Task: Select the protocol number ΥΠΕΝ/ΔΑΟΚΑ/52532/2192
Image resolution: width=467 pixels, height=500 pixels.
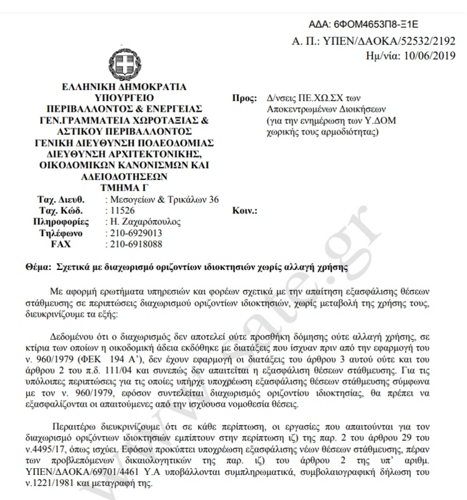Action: point(388,41)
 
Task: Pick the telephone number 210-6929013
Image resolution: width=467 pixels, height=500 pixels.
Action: point(136,232)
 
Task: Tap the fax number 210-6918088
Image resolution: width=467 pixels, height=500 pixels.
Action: point(136,243)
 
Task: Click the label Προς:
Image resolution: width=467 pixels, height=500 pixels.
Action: point(244,99)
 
